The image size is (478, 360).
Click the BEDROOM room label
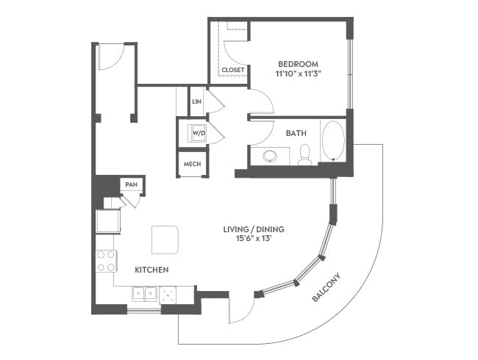pos(298,64)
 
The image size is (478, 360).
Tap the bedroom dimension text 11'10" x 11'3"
pos(299,74)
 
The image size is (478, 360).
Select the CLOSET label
pos(233,70)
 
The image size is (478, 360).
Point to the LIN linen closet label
pos(196,101)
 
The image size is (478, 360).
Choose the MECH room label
pos(192,164)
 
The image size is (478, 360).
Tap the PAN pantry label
pos(132,184)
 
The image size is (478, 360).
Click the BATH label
pos(296,134)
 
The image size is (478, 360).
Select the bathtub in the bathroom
pos(334,141)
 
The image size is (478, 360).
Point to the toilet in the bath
pos(304,155)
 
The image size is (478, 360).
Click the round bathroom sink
pos(270,156)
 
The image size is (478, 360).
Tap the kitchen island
pos(165,240)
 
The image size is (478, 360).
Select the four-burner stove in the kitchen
pos(106,261)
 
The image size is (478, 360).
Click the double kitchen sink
pos(144,294)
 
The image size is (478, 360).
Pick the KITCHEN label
pos(151,270)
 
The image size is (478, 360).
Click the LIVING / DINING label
pos(254,229)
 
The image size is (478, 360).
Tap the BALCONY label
pos(326,287)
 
